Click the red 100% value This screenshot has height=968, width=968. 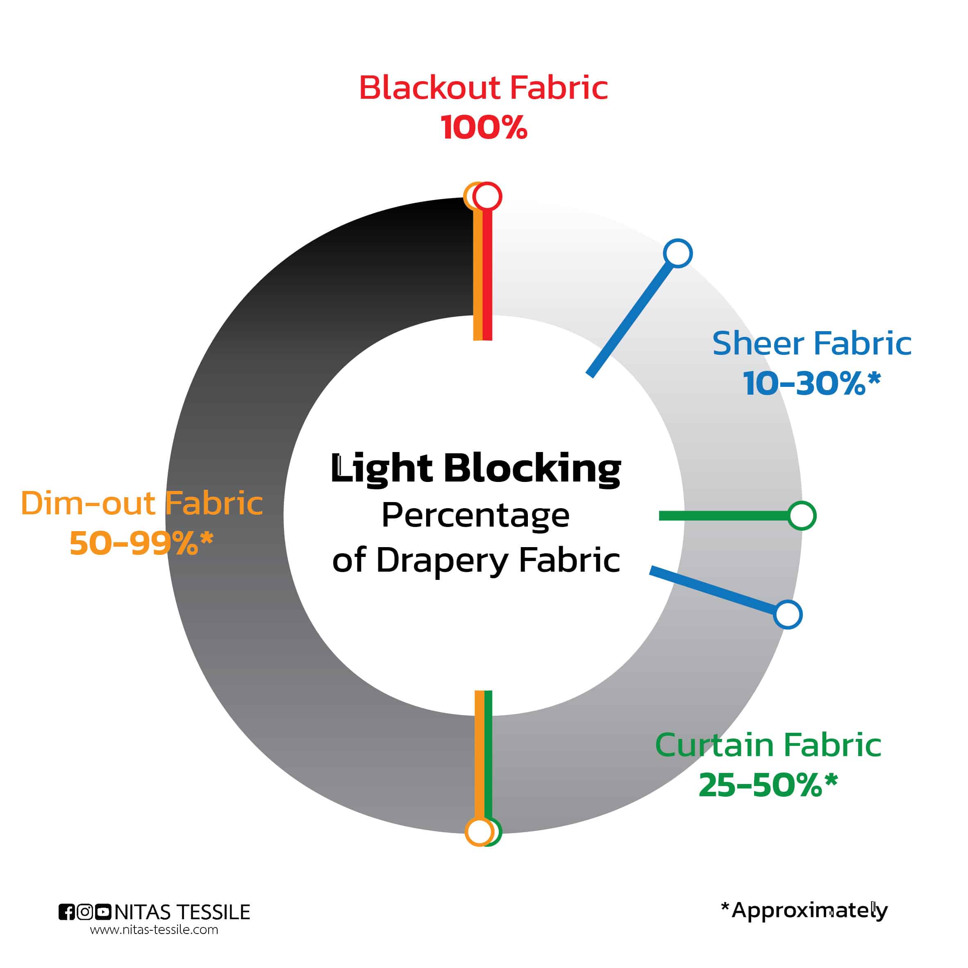tap(484, 127)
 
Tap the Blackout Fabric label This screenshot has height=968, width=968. tap(484, 88)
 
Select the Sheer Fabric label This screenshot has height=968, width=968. tap(812, 344)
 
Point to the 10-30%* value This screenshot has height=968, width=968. tap(812, 383)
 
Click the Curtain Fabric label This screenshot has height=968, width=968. tap(768, 745)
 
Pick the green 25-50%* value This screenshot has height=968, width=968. tap(768, 785)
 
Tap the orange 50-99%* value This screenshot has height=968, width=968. tap(142, 543)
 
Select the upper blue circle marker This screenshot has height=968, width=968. tap(678, 253)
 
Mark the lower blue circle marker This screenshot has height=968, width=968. tap(788, 615)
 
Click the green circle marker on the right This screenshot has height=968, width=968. tap(802, 516)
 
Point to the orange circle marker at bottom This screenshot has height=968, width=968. tap(479, 832)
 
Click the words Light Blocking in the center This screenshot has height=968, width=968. tap(475, 469)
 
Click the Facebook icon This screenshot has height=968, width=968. tap(67, 912)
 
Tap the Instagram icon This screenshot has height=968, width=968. tap(85, 912)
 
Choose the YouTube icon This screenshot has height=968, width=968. tap(103, 912)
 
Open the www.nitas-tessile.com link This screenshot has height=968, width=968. tap(155, 930)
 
